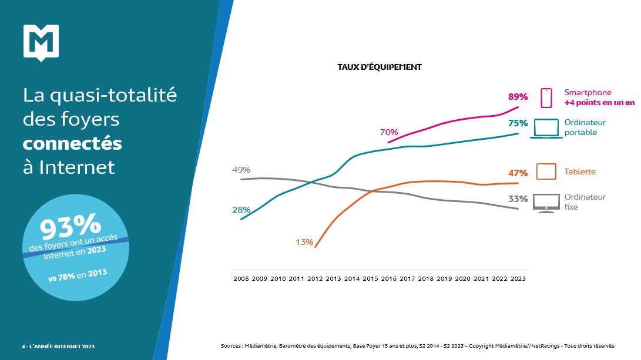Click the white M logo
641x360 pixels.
(41, 42)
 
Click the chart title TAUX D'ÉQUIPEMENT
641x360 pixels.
(379, 67)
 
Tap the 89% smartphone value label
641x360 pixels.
(518, 97)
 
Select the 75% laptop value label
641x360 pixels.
(518, 123)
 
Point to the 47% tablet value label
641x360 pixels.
(518, 173)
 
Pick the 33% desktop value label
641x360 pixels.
(518, 199)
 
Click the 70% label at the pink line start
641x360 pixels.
(389, 132)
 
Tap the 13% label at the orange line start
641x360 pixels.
(304, 242)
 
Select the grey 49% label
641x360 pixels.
(242, 170)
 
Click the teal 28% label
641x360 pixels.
(241, 210)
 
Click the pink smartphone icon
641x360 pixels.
(546, 98)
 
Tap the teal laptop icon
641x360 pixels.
(546, 129)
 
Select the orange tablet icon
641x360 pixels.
(546, 171)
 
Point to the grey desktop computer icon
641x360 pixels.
(546, 203)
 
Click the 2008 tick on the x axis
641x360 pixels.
(241, 278)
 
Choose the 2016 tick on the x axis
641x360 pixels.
(388, 278)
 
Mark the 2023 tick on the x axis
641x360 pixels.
(517, 278)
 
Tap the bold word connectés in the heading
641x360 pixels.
(72, 143)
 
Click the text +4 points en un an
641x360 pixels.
(599, 103)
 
